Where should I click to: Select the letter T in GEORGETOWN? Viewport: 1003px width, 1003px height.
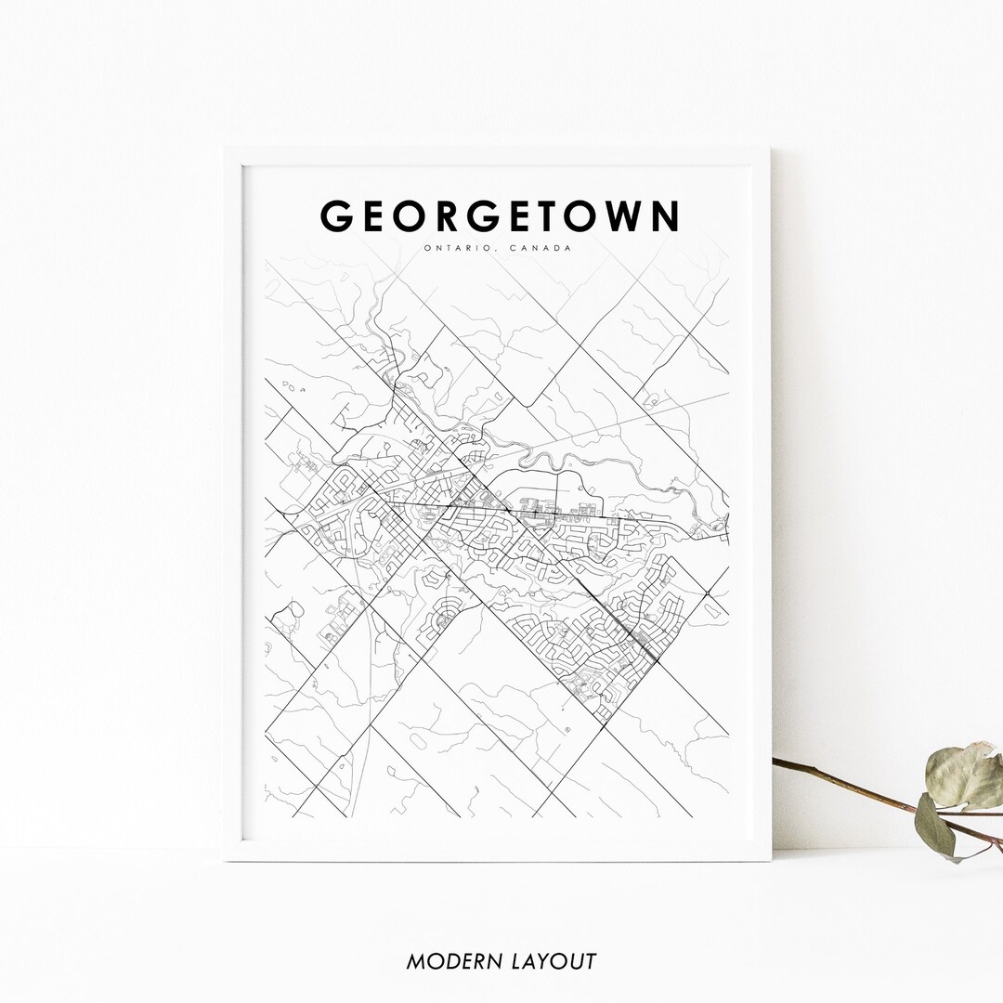(x=560, y=216)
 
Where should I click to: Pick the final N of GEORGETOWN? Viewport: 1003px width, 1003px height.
(x=666, y=216)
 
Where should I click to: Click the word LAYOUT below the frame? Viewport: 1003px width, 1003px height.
(x=554, y=961)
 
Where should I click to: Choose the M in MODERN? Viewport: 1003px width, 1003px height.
(x=416, y=961)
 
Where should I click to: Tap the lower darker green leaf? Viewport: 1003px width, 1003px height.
(x=935, y=825)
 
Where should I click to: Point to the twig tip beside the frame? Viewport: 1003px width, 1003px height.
(x=776, y=762)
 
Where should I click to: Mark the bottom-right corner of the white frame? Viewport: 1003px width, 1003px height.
(x=769, y=859)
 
